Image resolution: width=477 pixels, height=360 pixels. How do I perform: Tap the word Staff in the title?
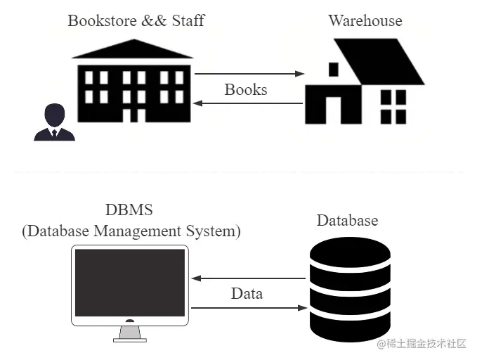188,20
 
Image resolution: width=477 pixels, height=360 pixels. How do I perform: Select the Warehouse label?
365,20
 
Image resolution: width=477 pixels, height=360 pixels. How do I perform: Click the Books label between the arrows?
246,90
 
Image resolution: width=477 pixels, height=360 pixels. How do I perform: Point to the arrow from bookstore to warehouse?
249,73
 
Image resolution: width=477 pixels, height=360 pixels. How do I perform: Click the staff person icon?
54,123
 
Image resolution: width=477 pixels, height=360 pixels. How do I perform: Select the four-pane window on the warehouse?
393,106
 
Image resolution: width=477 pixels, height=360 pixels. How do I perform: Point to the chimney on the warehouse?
333,69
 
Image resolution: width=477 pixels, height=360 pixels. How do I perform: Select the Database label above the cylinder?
347,221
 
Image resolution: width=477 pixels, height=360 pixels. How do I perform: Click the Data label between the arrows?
247,293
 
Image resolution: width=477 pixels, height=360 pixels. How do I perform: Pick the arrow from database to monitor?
249,278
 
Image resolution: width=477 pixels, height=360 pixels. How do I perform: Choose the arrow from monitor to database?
249,307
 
